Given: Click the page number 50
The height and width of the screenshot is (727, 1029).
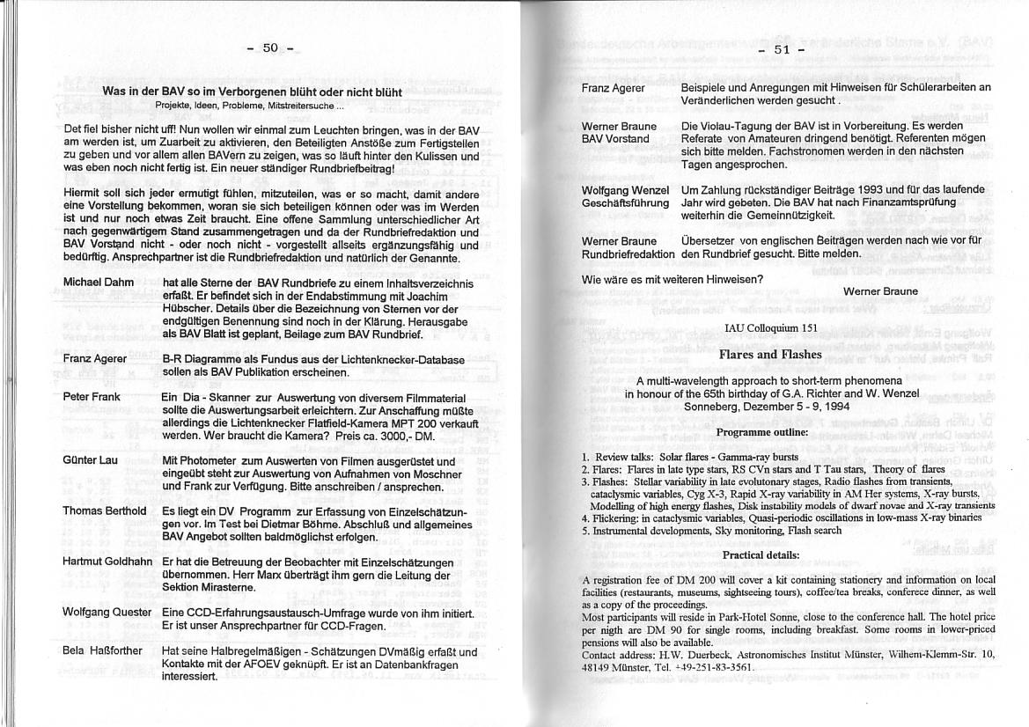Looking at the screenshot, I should tap(270, 48).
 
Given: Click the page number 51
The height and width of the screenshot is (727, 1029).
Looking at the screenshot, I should tap(783, 49).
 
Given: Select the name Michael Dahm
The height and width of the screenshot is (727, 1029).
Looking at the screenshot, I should tap(99, 283).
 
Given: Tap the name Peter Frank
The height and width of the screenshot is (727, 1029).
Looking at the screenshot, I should tap(92, 397).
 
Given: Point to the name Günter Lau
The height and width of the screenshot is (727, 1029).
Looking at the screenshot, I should tap(90, 461).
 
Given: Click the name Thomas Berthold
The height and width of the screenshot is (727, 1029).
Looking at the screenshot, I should tap(105, 511).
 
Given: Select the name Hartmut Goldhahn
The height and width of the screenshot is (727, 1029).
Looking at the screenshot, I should tap(107, 562).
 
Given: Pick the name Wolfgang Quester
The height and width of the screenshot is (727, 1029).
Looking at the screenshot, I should tap(107, 613).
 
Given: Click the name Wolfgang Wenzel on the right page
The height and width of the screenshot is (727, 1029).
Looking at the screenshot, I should tap(625, 190).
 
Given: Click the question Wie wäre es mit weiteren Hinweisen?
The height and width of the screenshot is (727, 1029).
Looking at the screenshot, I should tap(673, 280).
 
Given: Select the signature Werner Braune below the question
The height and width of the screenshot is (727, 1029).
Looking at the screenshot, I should tap(880, 291).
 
